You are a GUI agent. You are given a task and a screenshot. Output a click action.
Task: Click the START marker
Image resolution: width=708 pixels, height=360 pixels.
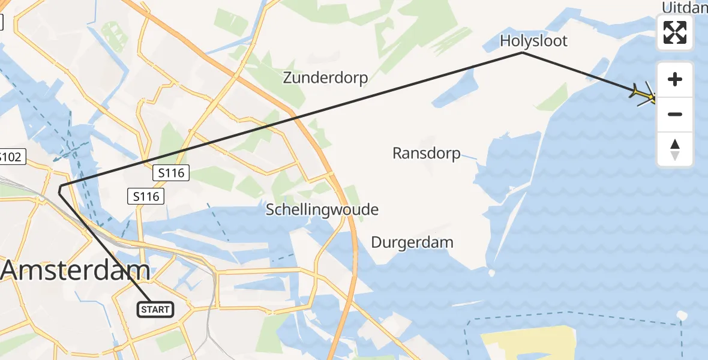click(x=156, y=310)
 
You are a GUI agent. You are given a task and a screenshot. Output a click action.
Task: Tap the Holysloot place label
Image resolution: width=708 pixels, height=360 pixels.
click(x=533, y=41)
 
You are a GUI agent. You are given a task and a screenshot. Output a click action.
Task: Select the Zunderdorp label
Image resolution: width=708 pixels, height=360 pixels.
click(x=325, y=78)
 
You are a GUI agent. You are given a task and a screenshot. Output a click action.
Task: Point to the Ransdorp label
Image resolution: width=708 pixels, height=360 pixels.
click(x=426, y=154)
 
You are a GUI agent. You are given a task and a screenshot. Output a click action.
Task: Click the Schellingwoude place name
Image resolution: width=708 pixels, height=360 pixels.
click(x=322, y=210)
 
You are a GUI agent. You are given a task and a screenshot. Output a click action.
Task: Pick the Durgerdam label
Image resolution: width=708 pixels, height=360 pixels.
click(x=412, y=243)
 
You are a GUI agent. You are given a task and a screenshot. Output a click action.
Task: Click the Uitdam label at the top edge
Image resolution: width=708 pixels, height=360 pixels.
click(x=684, y=7)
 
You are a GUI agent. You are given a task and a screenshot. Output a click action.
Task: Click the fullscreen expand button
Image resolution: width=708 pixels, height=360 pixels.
click(x=675, y=32)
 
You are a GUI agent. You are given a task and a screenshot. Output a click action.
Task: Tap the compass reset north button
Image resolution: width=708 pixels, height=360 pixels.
click(x=675, y=149)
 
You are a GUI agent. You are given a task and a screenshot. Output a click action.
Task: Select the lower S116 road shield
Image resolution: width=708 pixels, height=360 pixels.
click(x=146, y=196)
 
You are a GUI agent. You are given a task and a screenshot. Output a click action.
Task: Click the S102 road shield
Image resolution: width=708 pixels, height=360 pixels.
click(x=10, y=157)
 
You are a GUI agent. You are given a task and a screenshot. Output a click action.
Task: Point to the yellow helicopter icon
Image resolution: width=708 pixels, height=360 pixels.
click(x=644, y=95)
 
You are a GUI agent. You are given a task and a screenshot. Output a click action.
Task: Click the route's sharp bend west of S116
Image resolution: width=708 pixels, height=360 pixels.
click(x=59, y=190)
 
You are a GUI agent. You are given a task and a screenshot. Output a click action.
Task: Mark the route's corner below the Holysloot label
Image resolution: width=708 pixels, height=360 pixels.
click(x=523, y=53)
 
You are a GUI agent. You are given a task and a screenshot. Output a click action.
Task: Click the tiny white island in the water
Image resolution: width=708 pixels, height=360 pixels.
click(x=681, y=315)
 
